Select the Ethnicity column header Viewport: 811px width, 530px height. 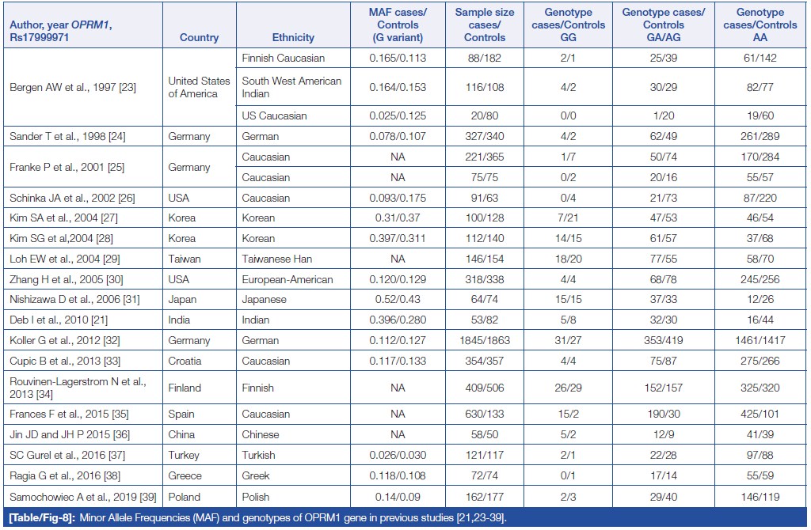[x=293, y=37]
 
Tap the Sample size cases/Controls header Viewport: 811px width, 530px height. [x=485, y=25]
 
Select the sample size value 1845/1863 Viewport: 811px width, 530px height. [x=485, y=340]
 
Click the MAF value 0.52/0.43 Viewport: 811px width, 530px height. [x=398, y=300]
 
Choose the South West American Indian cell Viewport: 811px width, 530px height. [x=291, y=87]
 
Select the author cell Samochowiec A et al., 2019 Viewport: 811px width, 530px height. [x=76, y=497]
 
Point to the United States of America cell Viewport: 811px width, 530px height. [x=199, y=87]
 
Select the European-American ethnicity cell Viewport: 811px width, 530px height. [x=287, y=279]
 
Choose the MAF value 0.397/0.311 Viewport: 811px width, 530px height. [x=398, y=238]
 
